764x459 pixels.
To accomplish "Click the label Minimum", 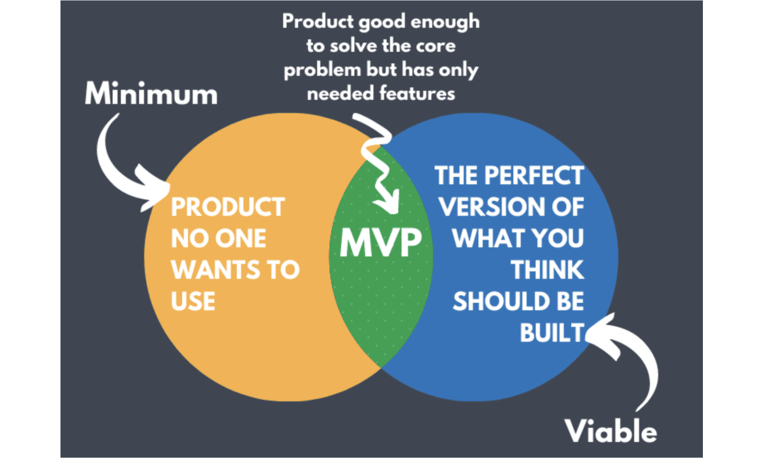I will pyautogui.click(x=151, y=94).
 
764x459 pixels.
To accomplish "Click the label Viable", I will pyautogui.click(x=611, y=432).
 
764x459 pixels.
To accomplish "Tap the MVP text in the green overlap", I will pyautogui.click(x=380, y=242).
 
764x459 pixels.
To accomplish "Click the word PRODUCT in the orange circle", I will pyautogui.click(x=227, y=207).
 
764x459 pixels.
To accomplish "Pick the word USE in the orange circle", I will pyautogui.click(x=193, y=300).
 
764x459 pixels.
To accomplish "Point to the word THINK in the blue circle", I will pyautogui.click(x=548, y=270).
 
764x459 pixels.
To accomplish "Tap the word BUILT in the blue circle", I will pyautogui.click(x=552, y=332).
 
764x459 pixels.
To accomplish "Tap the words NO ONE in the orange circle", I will pyautogui.click(x=218, y=238).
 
